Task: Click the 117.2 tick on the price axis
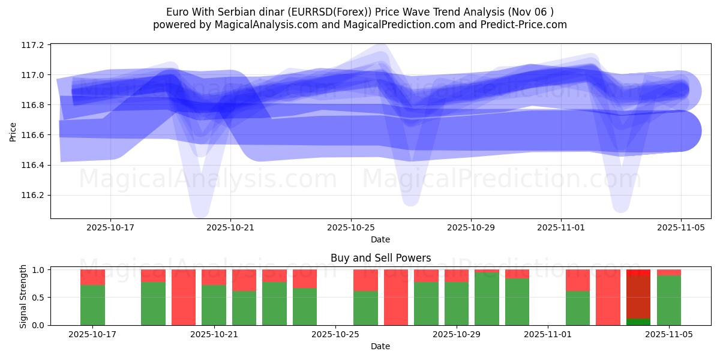(33, 45)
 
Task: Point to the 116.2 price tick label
(33, 195)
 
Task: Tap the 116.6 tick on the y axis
(33, 135)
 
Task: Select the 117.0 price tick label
(33, 75)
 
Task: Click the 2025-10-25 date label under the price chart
(350, 228)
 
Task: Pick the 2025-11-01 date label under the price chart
(561, 228)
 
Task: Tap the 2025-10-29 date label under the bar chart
(457, 335)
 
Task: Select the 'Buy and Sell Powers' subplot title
(380, 259)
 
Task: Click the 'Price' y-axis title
(13, 131)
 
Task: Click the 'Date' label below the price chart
(380, 239)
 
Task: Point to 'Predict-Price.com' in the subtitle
(521, 25)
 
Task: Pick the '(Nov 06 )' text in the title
(530, 12)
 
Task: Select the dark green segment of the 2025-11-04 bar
(638, 322)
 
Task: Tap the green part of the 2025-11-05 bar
(669, 300)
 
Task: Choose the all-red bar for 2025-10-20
(184, 297)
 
